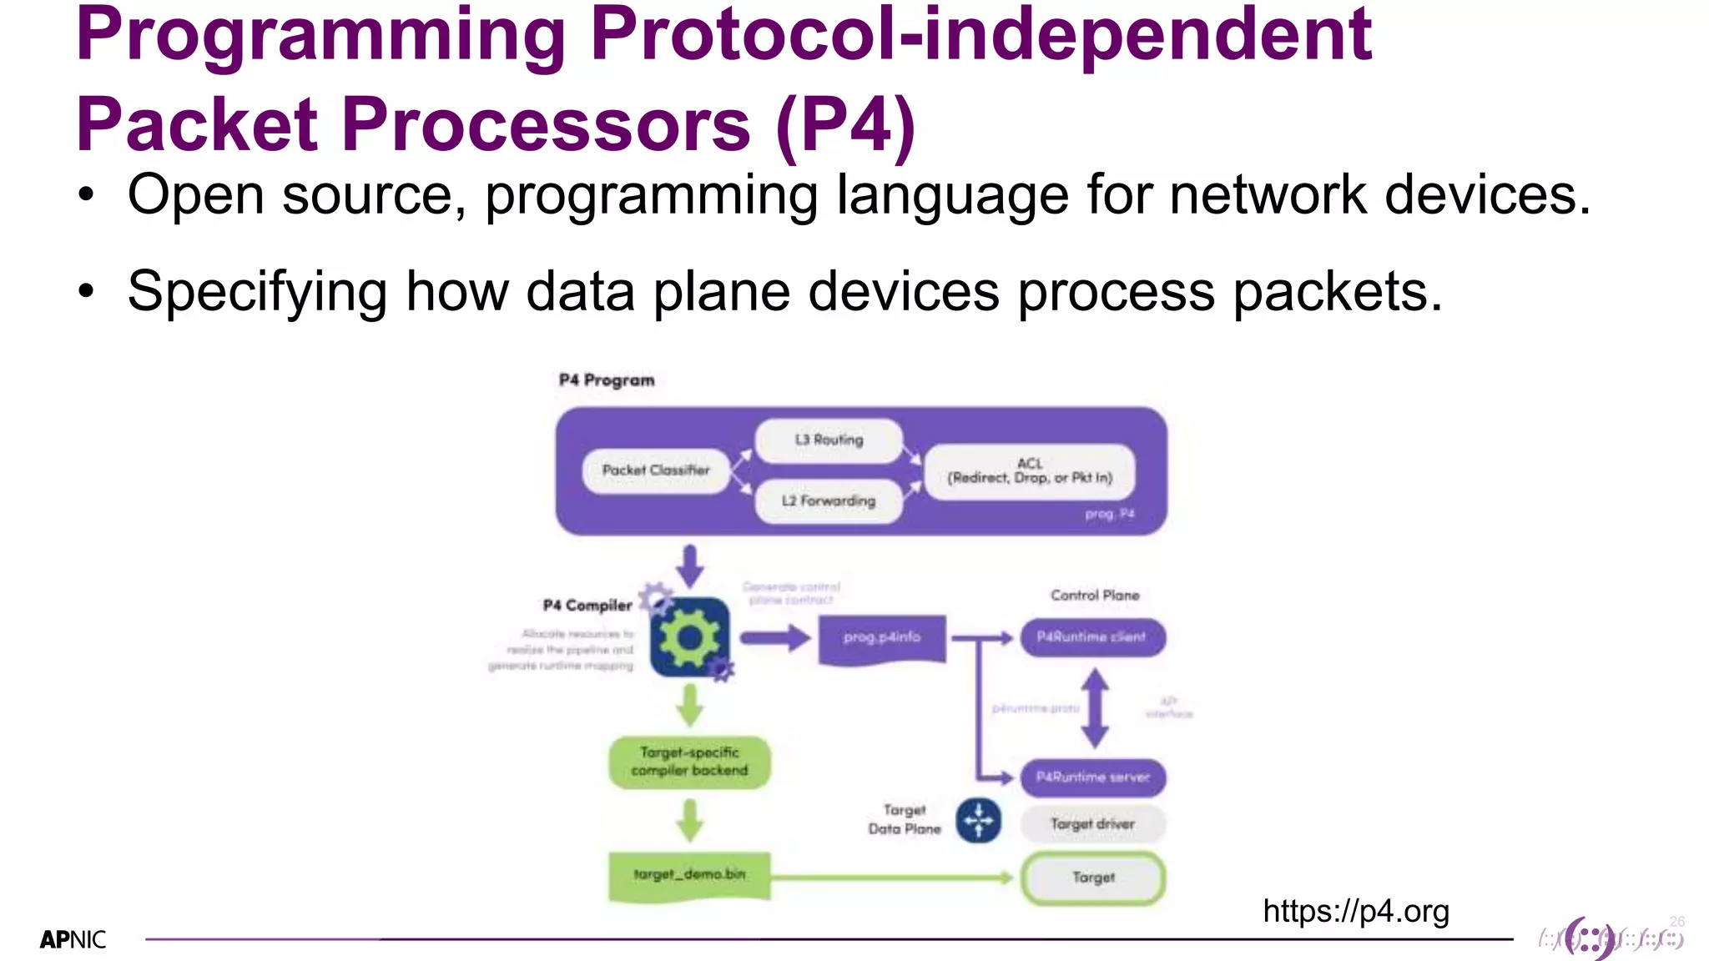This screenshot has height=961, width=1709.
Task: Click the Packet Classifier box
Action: pyautogui.click(x=656, y=470)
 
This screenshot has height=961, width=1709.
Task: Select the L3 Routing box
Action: pyautogui.click(x=829, y=440)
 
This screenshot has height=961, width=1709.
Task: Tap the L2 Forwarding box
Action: pyautogui.click(x=829, y=501)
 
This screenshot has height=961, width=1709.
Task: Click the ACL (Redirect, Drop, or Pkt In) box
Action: pyautogui.click(x=1030, y=471)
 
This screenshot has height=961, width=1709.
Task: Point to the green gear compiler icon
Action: pyautogui.click(x=689, y=638)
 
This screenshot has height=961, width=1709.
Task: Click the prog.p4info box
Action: pyautogui.click(x=882, y=638)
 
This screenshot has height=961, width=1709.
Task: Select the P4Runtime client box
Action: pyautogui.click(x=1092, y=637)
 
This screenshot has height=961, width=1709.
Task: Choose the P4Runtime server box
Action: pyautogui.click(x=1092, y=777)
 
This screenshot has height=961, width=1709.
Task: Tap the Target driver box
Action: pyautogui.click(x=1092, y=824)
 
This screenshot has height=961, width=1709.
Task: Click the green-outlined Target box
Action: pyautogui.click(x=1093, y=878)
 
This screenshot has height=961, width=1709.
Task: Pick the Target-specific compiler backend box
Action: pyautogui.click(x=689, y=762)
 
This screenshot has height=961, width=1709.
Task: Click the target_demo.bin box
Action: pyautogui.click(x=689, y=875)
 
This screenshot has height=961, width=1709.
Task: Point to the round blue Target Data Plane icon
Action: pyautogui.click(x=978, y=821)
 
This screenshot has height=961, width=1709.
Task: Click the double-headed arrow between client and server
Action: pyautogui.click(x=1095, y=708)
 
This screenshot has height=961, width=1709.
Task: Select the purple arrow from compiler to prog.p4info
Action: pyautogui.click(x=774, y=639)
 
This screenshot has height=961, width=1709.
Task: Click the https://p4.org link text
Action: pyautogui.click(x=1356, y=911)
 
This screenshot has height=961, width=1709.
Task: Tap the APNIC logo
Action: pyautogui.click(x=73, y=940)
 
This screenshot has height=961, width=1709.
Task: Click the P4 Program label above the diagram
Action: pyautogui.click(x=607, y=380)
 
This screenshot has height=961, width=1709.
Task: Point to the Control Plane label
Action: pyautogui.click(x=1095, y=596)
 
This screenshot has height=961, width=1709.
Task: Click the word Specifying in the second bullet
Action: pyautogui.click(x=257, y=292)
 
